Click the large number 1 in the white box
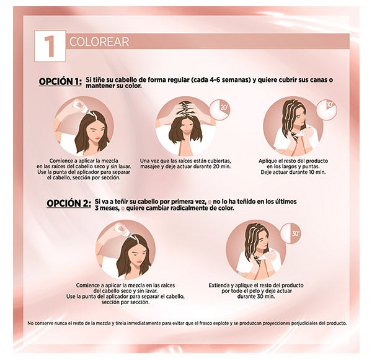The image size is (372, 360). click(50, 47)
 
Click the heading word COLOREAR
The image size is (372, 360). click(99, 42)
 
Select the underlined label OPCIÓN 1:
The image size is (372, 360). click(60, 81)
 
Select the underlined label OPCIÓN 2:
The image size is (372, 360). click(69, 204)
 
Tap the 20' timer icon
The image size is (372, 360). click(220, 110)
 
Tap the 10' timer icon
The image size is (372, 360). click(327, 110)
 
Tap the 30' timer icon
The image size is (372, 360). click(291, 233)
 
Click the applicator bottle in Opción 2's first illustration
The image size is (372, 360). click(122, 229)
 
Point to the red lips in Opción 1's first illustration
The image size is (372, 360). click(97, 138)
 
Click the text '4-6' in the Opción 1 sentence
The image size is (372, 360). click(215, 80)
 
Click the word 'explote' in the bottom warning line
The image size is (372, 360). click(221, 323)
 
